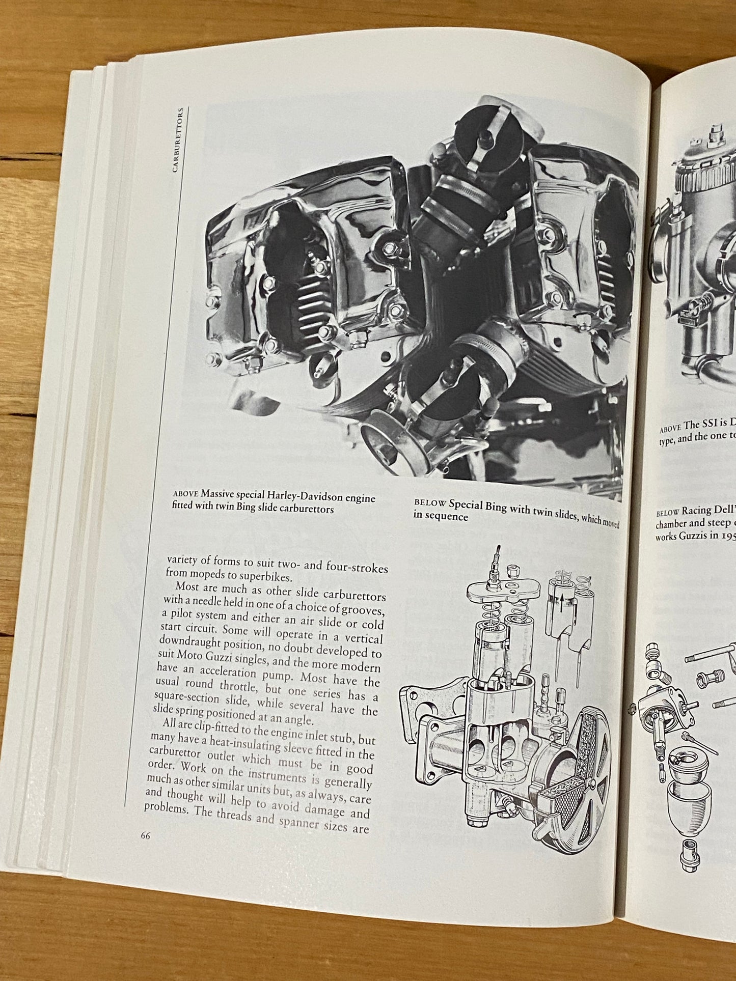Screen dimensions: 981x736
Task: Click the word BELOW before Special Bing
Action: (x=430, y=503)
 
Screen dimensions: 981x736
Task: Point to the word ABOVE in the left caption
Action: (x=186, y=493)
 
